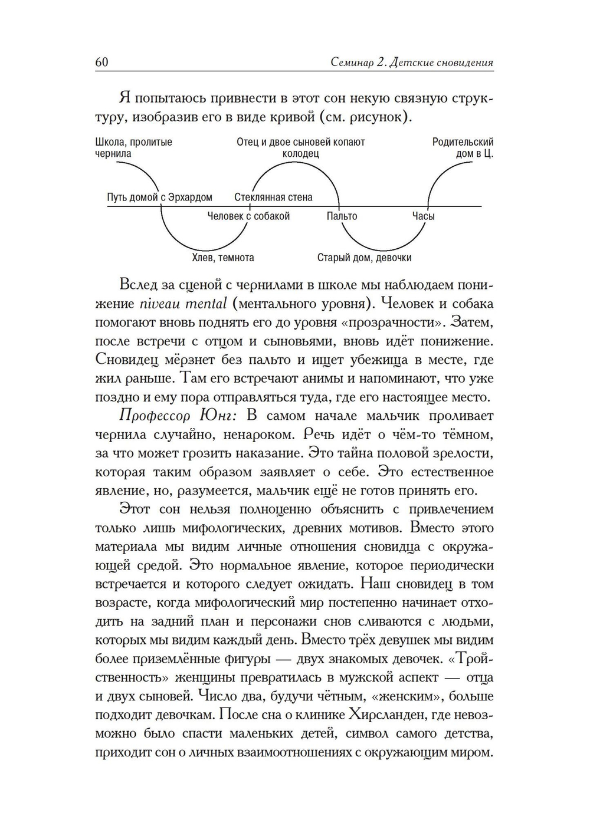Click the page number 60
[102, 62]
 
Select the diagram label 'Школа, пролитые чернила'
[133, 147]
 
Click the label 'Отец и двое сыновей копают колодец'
[300, 147]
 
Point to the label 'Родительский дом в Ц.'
[463, 147]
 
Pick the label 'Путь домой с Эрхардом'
[159, 197]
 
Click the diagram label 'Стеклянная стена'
[273, 197]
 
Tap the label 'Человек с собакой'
[248, 216]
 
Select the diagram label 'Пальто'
[342, 216]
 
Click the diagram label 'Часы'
[423, 216]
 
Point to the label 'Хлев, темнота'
[223, 258]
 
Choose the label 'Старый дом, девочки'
[364, 258]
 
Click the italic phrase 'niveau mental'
[183, 304]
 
